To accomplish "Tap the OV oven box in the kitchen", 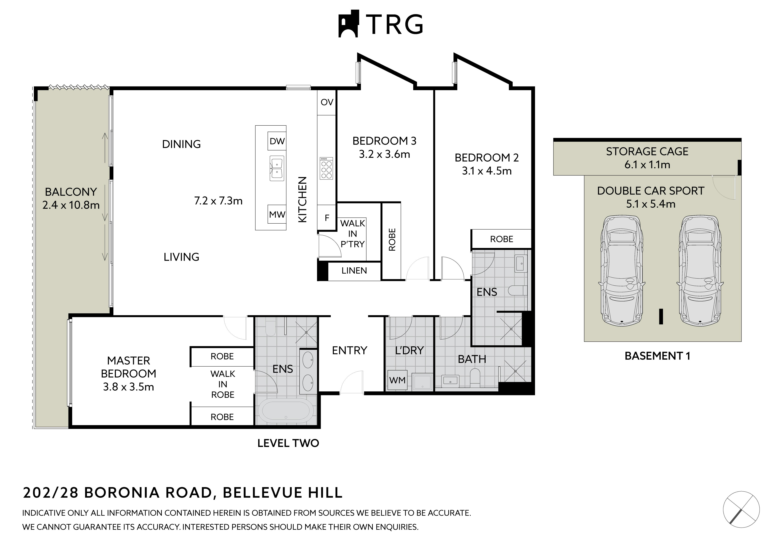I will point(327,102).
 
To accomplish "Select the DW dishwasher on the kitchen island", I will point(277,141).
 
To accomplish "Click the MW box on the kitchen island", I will point(277,214).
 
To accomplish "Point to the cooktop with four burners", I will point(326,168).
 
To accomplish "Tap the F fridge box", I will point(327,217).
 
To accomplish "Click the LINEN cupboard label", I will point(354,271).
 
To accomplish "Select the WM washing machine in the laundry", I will point(397,380).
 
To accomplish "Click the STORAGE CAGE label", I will point(647,151).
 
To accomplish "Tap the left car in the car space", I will point(622,271).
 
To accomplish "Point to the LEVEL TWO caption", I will point(288,443).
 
